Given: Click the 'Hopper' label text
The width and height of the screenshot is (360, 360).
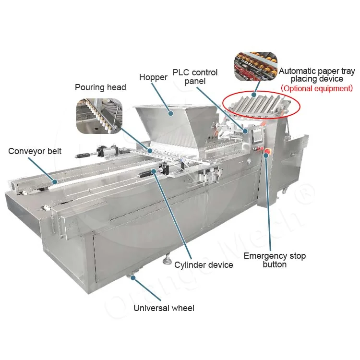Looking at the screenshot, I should (x=153, y=77).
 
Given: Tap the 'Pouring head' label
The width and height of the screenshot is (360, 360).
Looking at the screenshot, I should (x=100, y=87).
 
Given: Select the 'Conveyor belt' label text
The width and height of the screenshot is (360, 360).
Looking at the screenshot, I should (x=35, y=152).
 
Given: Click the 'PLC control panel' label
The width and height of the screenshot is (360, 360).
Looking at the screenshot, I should (x=194, y=77).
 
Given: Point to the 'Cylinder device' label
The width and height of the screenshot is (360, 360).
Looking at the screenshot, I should (x=204, y=265).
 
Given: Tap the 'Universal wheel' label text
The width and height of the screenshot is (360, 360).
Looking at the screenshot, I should (x=164, y=308).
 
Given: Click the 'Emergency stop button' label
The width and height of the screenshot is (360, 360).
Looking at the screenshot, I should (x=275, y=260).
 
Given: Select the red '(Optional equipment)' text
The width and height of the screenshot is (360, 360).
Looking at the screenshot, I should (x=317, y=88).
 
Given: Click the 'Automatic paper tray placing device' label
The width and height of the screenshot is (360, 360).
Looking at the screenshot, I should (x=317, y=75).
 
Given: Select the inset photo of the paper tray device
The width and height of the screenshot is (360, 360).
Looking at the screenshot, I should (x=255, y=66).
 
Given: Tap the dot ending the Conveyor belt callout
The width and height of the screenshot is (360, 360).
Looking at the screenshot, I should (x=55, y=182).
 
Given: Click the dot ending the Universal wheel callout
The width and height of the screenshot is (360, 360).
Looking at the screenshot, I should (x=132, y=277).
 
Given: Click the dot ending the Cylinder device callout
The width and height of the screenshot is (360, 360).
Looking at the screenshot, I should (x=154, y=171).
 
